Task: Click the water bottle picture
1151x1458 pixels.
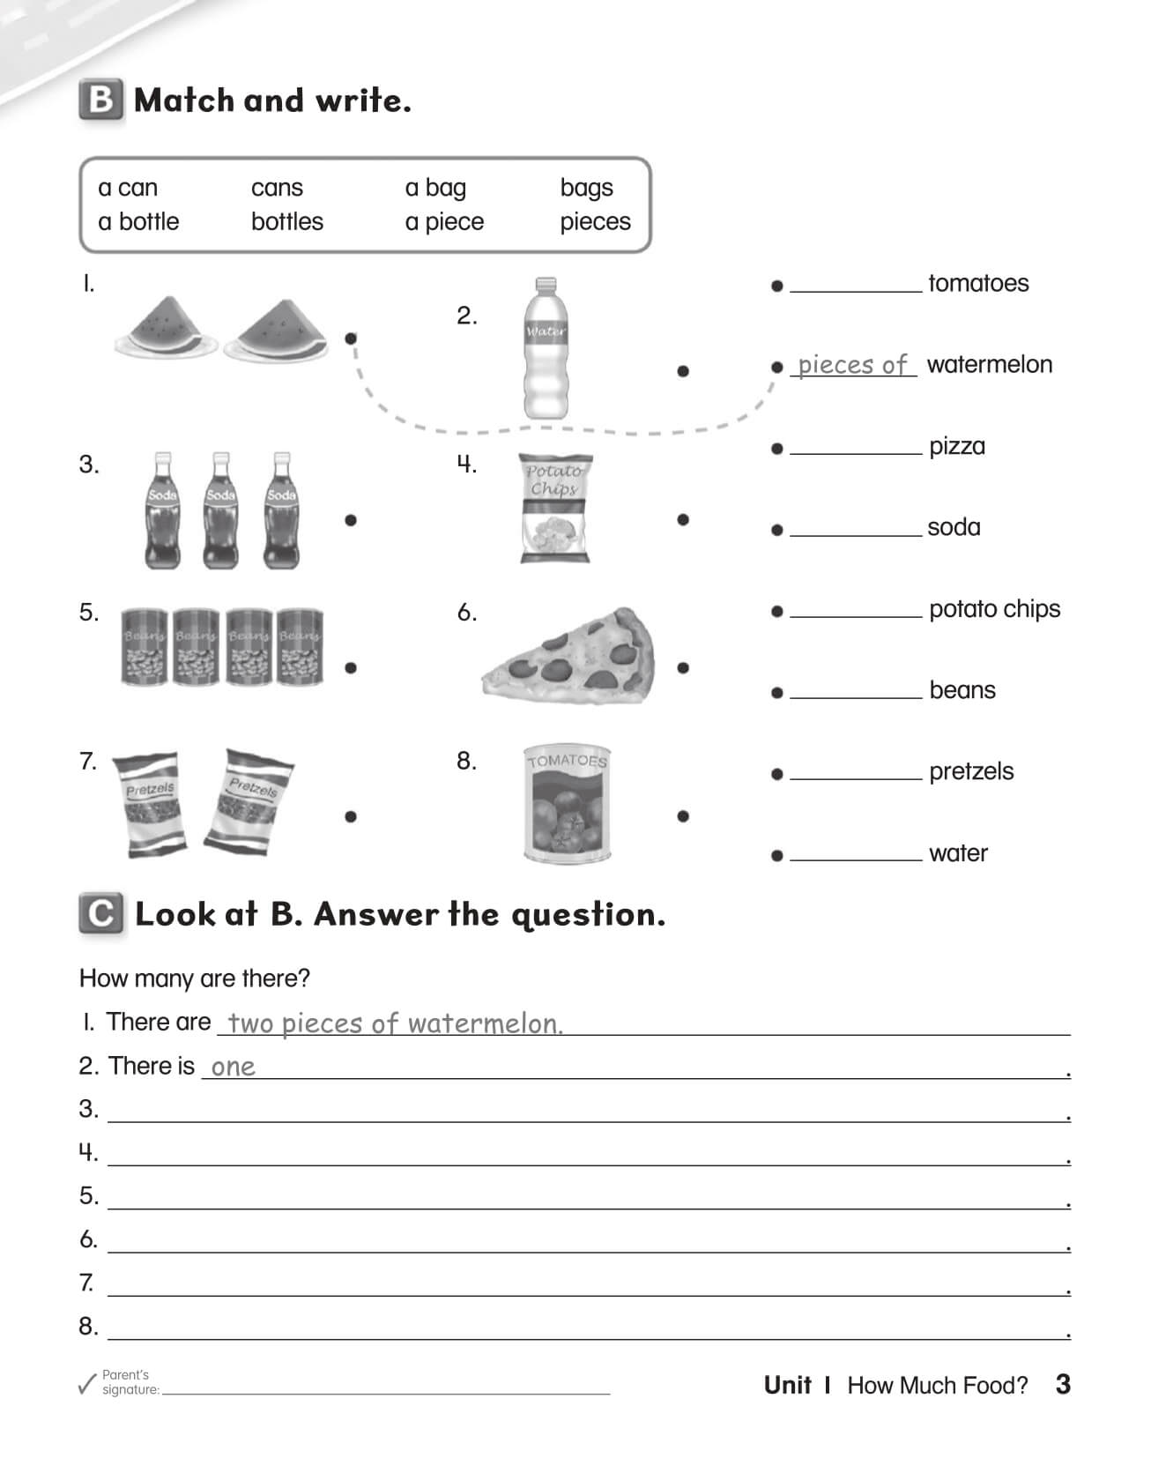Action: pyautogui.click(x=546, y=349)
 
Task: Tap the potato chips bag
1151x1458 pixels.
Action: pyautogui.click(x=554, y=509)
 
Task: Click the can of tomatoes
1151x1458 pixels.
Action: pyautogui.click(x=567, y=803)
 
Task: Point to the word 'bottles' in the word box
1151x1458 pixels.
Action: pyautogui.click(x=286, y=221)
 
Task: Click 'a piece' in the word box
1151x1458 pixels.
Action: pyautogui.click(x=444, y=221)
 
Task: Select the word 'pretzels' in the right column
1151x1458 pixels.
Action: pyautogui.click(x=970, y=771)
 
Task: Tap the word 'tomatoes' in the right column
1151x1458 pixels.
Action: pyautogui.click(x=977, y=283)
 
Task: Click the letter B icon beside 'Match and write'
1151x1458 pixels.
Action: pyautogui.click(x=100, y=100)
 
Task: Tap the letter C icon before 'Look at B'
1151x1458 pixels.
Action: pyautogui.click(x=100, y=914)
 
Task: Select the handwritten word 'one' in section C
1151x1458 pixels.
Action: pyautogui.click(x=233, y=1067)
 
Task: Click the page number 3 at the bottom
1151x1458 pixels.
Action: pyautogui.click(x=1062, y=1384)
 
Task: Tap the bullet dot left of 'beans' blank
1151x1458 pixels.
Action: pyautogui.click(x=776, y=693)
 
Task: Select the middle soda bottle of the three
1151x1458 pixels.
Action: pyautogui.click(x=220, y=510)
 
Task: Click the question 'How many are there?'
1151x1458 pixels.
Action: pyautogui.click(x=194, y=978)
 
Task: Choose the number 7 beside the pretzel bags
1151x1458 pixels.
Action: pyautogui.click(x=87, y=761)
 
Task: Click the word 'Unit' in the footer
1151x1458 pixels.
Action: pyautogui.click(x=787, y=1385)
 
